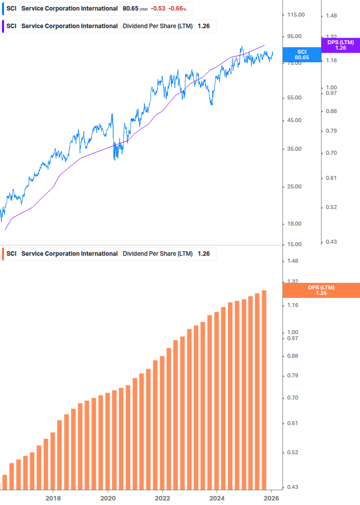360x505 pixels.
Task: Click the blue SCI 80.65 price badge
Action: [x=301, y=55]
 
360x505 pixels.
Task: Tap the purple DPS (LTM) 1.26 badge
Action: [x=340, y=45]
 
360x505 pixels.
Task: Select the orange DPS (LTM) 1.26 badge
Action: [x=321, y=290]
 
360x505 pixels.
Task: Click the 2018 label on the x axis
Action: [x=53, y=498]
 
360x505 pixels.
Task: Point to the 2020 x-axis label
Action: [x=108, y=498]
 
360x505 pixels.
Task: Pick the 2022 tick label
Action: [x=162, y=498]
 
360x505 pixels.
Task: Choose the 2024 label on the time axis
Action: [x=217, y=498]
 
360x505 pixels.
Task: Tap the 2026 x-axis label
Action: [x=271, y=498]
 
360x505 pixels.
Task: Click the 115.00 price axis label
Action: [x=295, y=15]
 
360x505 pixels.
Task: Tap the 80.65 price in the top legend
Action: [x=131, y=9]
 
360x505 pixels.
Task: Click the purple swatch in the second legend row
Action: [x=4, y=26]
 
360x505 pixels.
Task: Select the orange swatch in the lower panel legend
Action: [x=4, y=254]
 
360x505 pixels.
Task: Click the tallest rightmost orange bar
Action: [x=264, y=389]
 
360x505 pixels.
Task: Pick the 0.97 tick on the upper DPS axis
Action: [x=330, y=93]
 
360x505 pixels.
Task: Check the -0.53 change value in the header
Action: [x=158, y=9]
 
